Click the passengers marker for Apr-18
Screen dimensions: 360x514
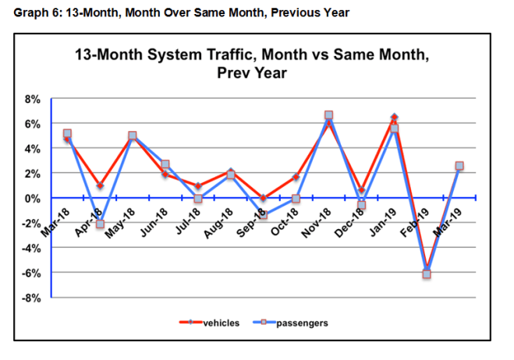tap(100, 224)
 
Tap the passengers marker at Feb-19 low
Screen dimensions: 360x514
tap(427, 274)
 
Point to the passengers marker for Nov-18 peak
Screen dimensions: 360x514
tap(328, 115)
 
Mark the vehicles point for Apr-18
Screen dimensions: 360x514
tap(100, 185)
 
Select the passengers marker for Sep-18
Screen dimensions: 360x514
tap(263, 214)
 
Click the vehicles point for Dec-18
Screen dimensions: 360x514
tap(361, 190)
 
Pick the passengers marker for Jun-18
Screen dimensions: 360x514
tap(165, 164)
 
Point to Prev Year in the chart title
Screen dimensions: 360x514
tap(251, 73)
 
